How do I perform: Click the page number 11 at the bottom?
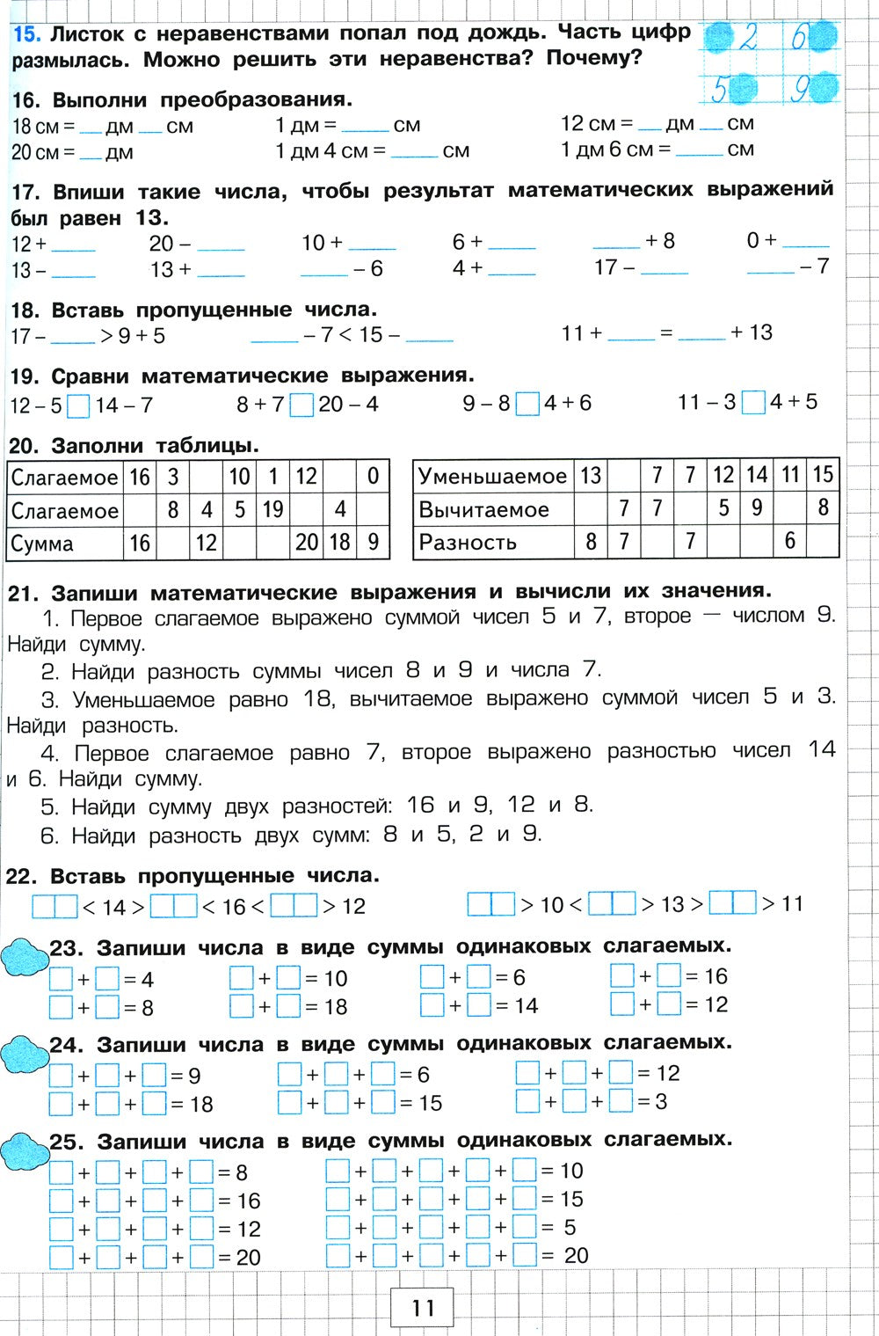click(423, 1307)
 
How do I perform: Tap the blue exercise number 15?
click(25, 35)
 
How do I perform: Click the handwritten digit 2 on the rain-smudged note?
click(749, 38)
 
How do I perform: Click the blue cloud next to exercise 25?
click(24, 1150)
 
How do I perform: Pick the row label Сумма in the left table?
click(42, 544)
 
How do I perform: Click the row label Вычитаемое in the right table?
click(483, 510)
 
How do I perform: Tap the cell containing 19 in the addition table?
click(273, 510)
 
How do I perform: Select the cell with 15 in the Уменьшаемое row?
click(822, 476)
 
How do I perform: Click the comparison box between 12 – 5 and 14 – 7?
click(79, 406)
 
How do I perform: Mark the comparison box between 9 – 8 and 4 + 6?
click(527, 404)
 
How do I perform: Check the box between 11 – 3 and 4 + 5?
click(753, 403)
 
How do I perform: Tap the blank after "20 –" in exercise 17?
click(221, 245)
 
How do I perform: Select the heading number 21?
click(21, 592)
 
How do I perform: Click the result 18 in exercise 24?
click(201, 1105)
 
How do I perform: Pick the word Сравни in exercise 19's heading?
click(92, 376)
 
